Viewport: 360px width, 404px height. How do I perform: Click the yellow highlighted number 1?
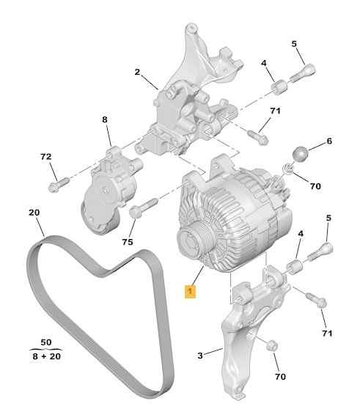[x=190, y=292]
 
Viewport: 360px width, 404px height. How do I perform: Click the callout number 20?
[x=34, y=213]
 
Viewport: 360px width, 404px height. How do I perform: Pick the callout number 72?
[x=45, y=157]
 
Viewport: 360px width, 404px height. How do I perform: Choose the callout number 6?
[x=329, y=141]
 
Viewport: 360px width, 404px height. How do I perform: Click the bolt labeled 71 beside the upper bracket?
[x=256, y=136]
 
